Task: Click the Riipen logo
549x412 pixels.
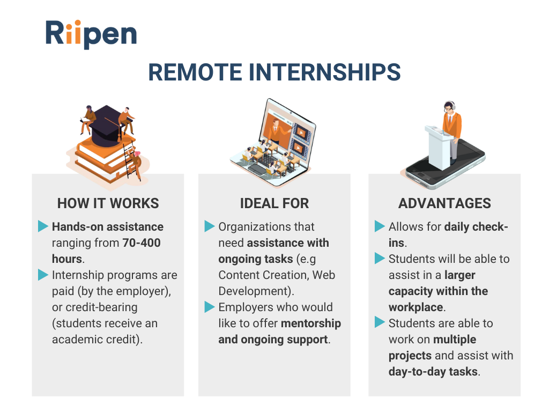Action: pyautogui.click(x=91, y=34)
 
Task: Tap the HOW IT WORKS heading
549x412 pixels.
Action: pyautogui.click(x=108, y=203)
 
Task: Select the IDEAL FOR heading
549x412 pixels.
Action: pyautogui.click(x=274, y=203)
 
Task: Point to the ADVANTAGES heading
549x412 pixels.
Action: pyautogui.click(x=444, y=203)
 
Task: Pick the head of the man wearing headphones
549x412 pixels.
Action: pyautogui.click(x=449, y=107)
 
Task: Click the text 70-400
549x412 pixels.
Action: pyautogui.click(x=142, y=243)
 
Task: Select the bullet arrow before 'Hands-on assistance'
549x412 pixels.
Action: pyautogui.click(x=43, y=226)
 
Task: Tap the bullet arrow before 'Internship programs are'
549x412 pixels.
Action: pyautogui.click(x=43, y=275)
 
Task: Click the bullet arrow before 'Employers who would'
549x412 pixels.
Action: pyautogui.click(x=210, y=307)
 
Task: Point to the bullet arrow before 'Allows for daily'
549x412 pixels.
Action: pyautogui.click(x=380, y=226)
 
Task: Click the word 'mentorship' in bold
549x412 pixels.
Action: pyautogui.click(x=311, y=323)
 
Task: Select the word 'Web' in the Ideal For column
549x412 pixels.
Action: pyautogui.click(x=323, y=275)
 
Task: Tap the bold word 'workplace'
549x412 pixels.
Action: pyautogui.click(x=416, y=307)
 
